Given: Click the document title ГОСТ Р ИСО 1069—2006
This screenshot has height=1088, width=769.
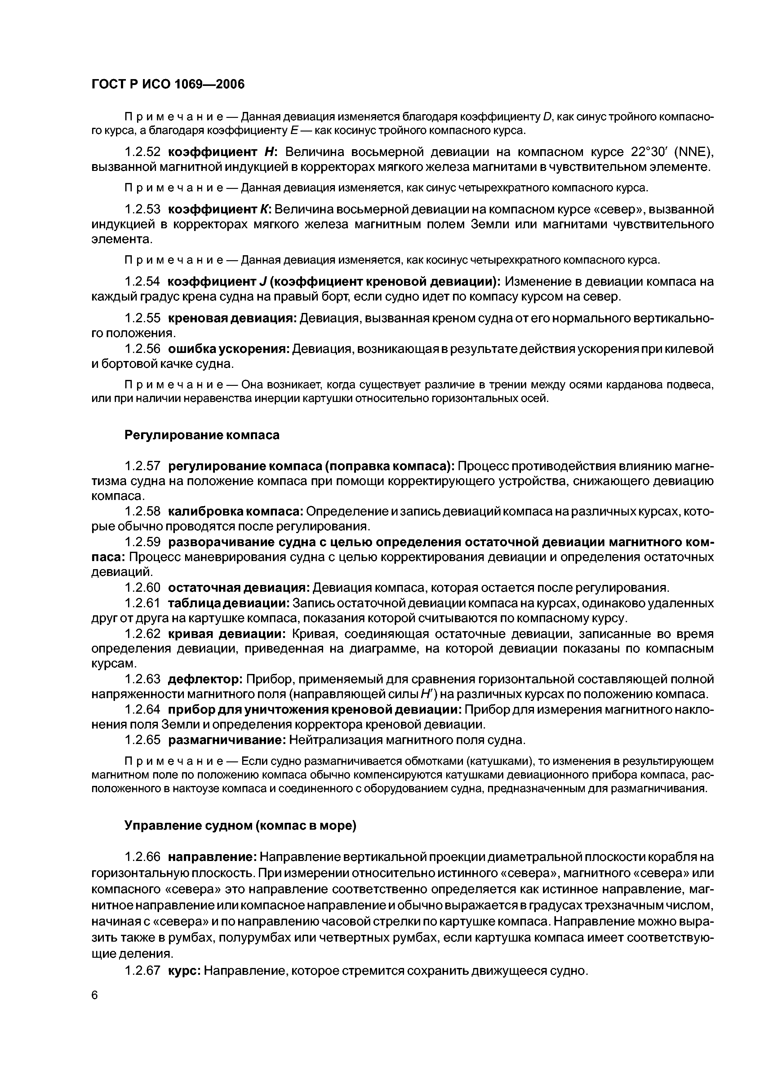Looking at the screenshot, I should pyautogui.click(x=168, y=84).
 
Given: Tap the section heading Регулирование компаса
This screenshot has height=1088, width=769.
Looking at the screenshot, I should pyautogui.click(x=202, y=435).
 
